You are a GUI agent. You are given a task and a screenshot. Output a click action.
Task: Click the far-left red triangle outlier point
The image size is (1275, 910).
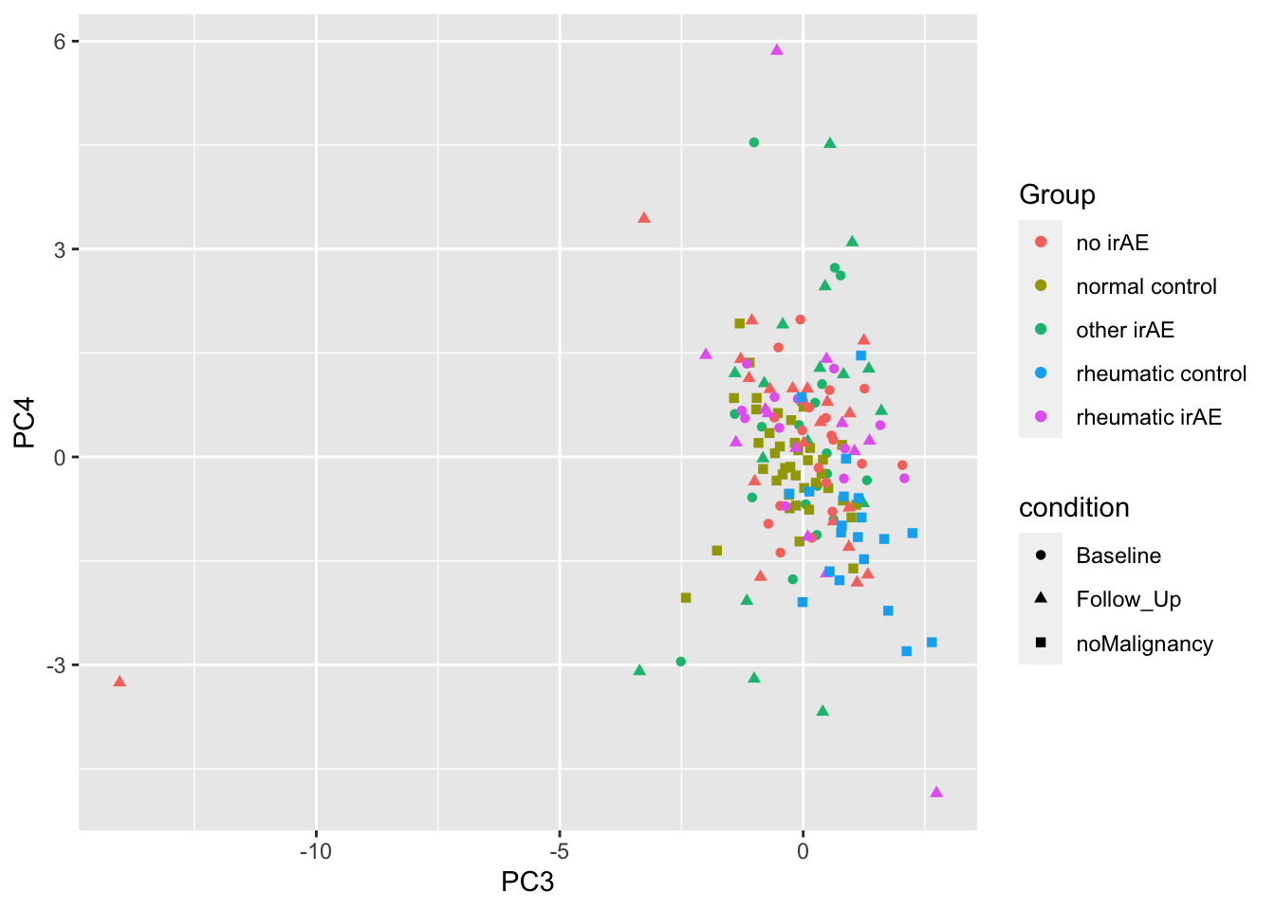120,682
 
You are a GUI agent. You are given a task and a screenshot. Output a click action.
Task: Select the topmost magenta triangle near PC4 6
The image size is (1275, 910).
777,50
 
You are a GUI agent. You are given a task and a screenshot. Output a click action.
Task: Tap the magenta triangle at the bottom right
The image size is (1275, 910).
936,792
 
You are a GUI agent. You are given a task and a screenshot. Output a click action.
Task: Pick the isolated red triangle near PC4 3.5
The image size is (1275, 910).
644,218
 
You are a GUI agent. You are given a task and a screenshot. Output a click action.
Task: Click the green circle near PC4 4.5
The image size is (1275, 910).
754,142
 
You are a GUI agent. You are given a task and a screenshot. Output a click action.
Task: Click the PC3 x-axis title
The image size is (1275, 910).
527,882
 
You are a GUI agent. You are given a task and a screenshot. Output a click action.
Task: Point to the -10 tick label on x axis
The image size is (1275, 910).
316,851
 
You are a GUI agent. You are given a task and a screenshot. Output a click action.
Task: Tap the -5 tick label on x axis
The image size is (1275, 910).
559,851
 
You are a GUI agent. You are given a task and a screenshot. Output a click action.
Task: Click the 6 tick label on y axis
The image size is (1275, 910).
59,42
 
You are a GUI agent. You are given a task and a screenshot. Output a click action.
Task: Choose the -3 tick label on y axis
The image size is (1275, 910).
55,665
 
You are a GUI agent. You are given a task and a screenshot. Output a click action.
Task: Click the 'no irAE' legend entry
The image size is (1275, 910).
1112,243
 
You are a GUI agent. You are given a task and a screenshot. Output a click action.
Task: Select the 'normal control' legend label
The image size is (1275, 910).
1146,286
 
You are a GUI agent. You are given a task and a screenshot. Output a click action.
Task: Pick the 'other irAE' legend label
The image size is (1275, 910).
1125,330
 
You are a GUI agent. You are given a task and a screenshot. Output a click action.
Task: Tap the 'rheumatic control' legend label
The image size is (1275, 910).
1161,373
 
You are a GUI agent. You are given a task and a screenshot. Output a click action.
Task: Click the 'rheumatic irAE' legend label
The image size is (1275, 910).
1149,417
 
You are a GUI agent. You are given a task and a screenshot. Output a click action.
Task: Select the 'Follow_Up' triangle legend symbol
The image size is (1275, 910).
1041,599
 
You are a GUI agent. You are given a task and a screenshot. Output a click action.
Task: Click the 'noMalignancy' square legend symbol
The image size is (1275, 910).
1041,644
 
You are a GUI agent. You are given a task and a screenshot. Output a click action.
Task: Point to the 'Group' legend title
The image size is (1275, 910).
1057,194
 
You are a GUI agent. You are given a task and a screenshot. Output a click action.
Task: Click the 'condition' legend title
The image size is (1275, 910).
1074,508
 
